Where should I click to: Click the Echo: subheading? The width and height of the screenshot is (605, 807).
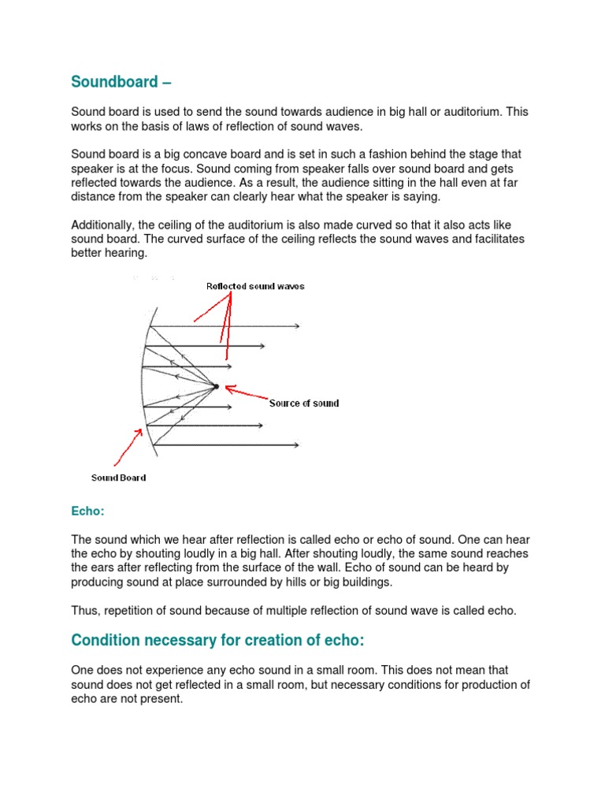coord(87,511)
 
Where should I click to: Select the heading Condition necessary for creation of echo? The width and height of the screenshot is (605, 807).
coord(218,642)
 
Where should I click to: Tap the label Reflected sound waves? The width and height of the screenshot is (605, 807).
coord(255,286)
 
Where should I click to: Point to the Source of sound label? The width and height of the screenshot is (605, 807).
coord(304,403)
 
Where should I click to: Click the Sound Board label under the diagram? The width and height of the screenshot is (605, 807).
coord(118,478)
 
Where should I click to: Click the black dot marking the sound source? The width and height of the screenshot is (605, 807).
coord(216,386)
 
